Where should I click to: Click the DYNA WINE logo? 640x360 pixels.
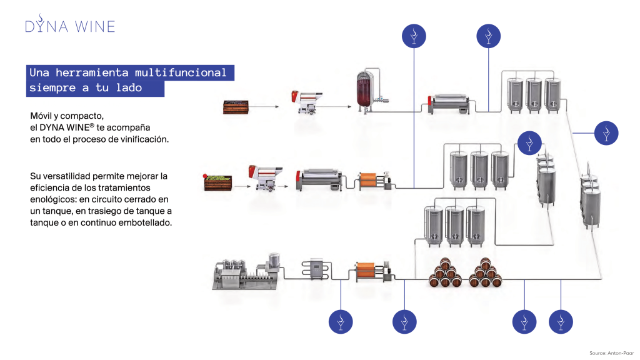point(70,24)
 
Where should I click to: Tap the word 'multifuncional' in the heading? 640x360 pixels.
point(181,72)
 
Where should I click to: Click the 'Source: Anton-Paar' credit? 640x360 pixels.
point(611,353)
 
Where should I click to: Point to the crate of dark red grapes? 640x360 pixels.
point(236,107)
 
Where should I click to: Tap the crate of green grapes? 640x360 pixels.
point(217,182)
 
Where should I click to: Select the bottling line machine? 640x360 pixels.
point(246,272)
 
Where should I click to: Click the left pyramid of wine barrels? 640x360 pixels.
point(445,272)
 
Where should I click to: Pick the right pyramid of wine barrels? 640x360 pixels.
point(485,272)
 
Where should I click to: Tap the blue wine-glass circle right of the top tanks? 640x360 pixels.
point(606,133)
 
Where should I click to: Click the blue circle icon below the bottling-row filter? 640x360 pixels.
point(404,322)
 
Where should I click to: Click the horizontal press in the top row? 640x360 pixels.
point(449,104)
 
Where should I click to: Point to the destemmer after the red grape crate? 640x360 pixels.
point(307,102)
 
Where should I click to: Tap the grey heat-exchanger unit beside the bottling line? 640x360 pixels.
point(316,269)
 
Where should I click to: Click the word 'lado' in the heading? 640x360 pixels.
point(129,87)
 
